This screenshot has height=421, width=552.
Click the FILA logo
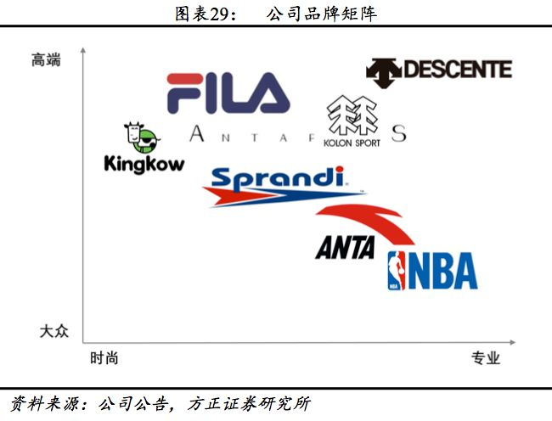pyautogui.click(x=228, y=93)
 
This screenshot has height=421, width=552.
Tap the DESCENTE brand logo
pyautogui.click(x=439, y=70)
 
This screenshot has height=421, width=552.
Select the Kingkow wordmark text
pyautogui.click(x=144, y=163)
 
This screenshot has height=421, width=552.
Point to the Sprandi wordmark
pyautogui.click(x=277, y=179)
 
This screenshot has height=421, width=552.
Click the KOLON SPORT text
pyautogui.click(x=352, y=143)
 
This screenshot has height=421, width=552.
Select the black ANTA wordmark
pyautogui.click(x=345, y=247)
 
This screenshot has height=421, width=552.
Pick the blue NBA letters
pyautogui.click(x=442, y=271)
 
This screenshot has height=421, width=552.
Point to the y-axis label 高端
pyautogui.click(x=47, y=59)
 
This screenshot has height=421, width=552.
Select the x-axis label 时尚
pyautogui.click(x=104, y=358)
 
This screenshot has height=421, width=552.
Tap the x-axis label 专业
pyautogui.click(x=486, y=358)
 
